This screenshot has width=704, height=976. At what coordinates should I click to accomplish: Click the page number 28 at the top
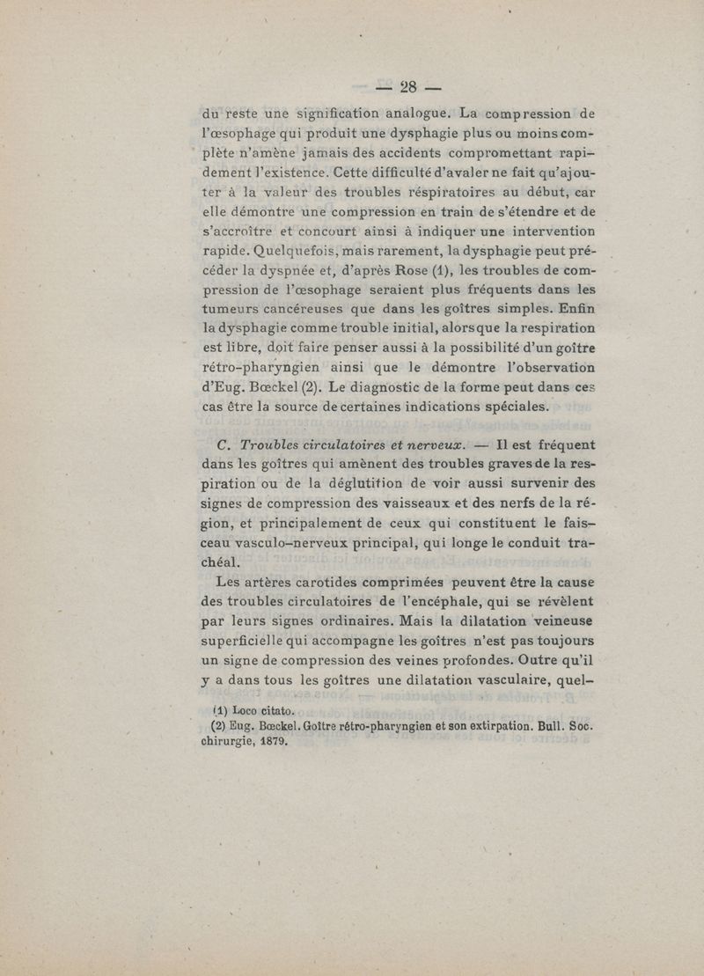407,86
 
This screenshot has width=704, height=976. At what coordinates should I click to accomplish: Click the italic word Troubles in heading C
274,445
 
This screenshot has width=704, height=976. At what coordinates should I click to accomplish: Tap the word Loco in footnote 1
238,710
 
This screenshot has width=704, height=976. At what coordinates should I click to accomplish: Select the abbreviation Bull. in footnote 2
534,727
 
